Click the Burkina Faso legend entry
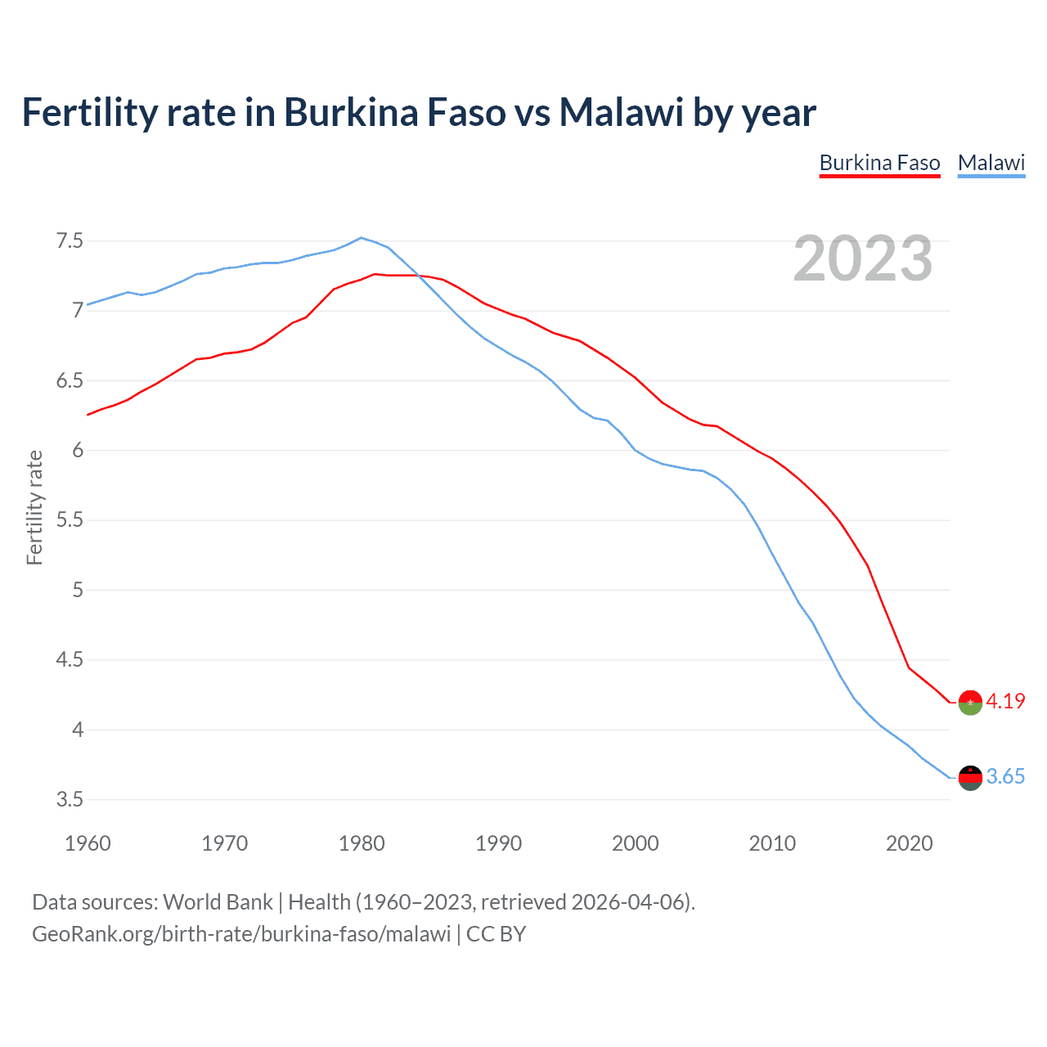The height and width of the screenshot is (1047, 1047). [x=879, y=163]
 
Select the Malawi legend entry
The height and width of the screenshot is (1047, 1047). [x=991, y=163]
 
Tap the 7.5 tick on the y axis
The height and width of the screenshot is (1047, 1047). [x=70, y=241]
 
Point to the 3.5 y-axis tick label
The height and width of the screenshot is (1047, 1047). [x=70, y=799]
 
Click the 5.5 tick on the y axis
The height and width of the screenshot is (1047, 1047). [x=70, y=520]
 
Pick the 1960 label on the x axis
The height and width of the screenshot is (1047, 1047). [x=88, y=843]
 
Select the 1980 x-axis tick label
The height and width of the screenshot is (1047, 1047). [x=362, y=843]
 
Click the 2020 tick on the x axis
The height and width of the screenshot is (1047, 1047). [x=909, y=843]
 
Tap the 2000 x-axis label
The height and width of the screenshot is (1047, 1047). [x=636, y=843]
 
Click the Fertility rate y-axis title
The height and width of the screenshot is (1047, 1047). [x=34, y=507]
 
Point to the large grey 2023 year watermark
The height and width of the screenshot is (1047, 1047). [x=863, y=258]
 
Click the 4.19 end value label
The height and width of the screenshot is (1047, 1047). [x=1005, y=701]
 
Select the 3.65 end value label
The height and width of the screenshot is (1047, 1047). [x=1005, y=776]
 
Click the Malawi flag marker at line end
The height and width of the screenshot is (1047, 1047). [x=970, y=778]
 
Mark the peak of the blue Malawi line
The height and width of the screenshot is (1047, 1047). [x=362, y=238]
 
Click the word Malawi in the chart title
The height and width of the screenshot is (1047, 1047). [x=621, y=113]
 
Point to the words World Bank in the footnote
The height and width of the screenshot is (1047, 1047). [x=218, y=902]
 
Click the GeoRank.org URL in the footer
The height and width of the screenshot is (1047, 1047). [x=241, y=934]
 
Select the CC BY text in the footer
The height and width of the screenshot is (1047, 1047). [x=496, y=934]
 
